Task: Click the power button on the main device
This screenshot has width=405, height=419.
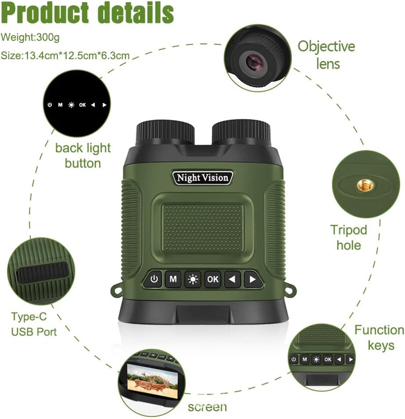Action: point(153,279)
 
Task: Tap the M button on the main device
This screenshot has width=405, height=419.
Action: point(173,279)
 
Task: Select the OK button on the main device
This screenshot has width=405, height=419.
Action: point(213,279)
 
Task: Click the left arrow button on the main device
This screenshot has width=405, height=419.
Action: point(233,279)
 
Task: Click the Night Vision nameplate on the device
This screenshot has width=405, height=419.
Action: point(202,178)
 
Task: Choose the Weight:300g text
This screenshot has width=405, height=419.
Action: point(30,38)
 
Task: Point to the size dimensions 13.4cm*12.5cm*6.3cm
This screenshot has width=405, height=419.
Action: point(65,56)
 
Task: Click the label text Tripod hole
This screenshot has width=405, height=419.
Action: point(348,237)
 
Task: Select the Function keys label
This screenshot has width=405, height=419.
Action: point(380,337)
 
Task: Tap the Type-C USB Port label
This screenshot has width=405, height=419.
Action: point(34,324)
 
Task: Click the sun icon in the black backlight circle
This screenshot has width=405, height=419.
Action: point(71,105)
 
